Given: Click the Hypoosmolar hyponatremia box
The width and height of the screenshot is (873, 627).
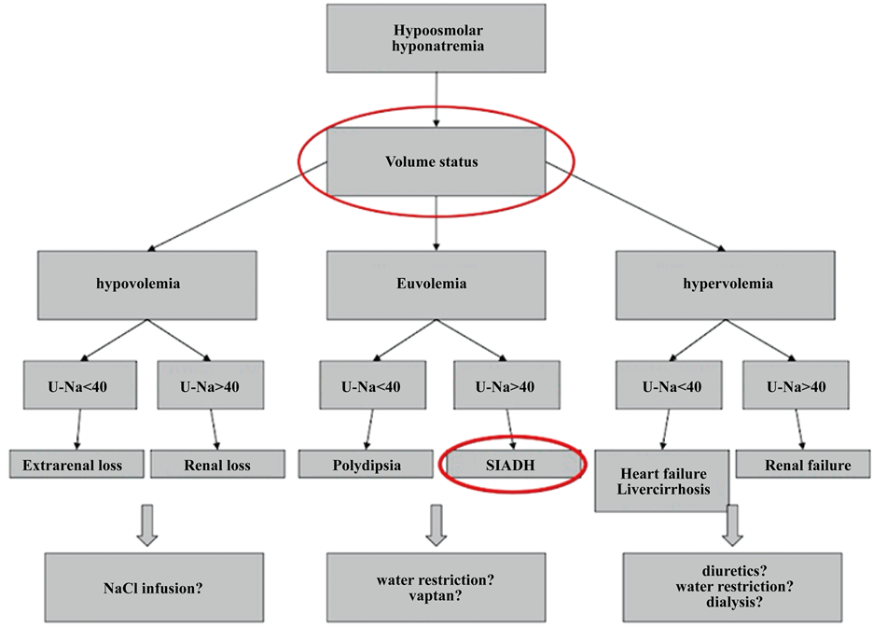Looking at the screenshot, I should click(x=436, y=39).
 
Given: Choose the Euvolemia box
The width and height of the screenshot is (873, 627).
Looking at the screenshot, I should click(x=436, y=284).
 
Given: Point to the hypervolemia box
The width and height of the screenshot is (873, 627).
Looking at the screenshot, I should click(x=726, y=284).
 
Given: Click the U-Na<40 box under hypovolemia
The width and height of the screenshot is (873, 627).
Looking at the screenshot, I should click(x=80, y=386).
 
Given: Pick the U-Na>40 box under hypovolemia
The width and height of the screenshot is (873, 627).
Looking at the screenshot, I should click(x=209, y=386).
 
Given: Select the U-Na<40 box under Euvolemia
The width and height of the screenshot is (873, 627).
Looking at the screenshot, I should click(x=367, y=386).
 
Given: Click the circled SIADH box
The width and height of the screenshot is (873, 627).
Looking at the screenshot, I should click(x=512, y=464).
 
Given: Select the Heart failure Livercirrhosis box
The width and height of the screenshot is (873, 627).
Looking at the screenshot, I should click(x=661, y=481).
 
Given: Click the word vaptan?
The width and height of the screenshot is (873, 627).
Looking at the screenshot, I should click(x=436, y=597).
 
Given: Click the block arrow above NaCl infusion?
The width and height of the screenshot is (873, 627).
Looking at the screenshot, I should click(x=146, y=525).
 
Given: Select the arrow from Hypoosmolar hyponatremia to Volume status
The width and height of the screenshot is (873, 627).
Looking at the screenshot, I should click(x=436, y=99).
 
